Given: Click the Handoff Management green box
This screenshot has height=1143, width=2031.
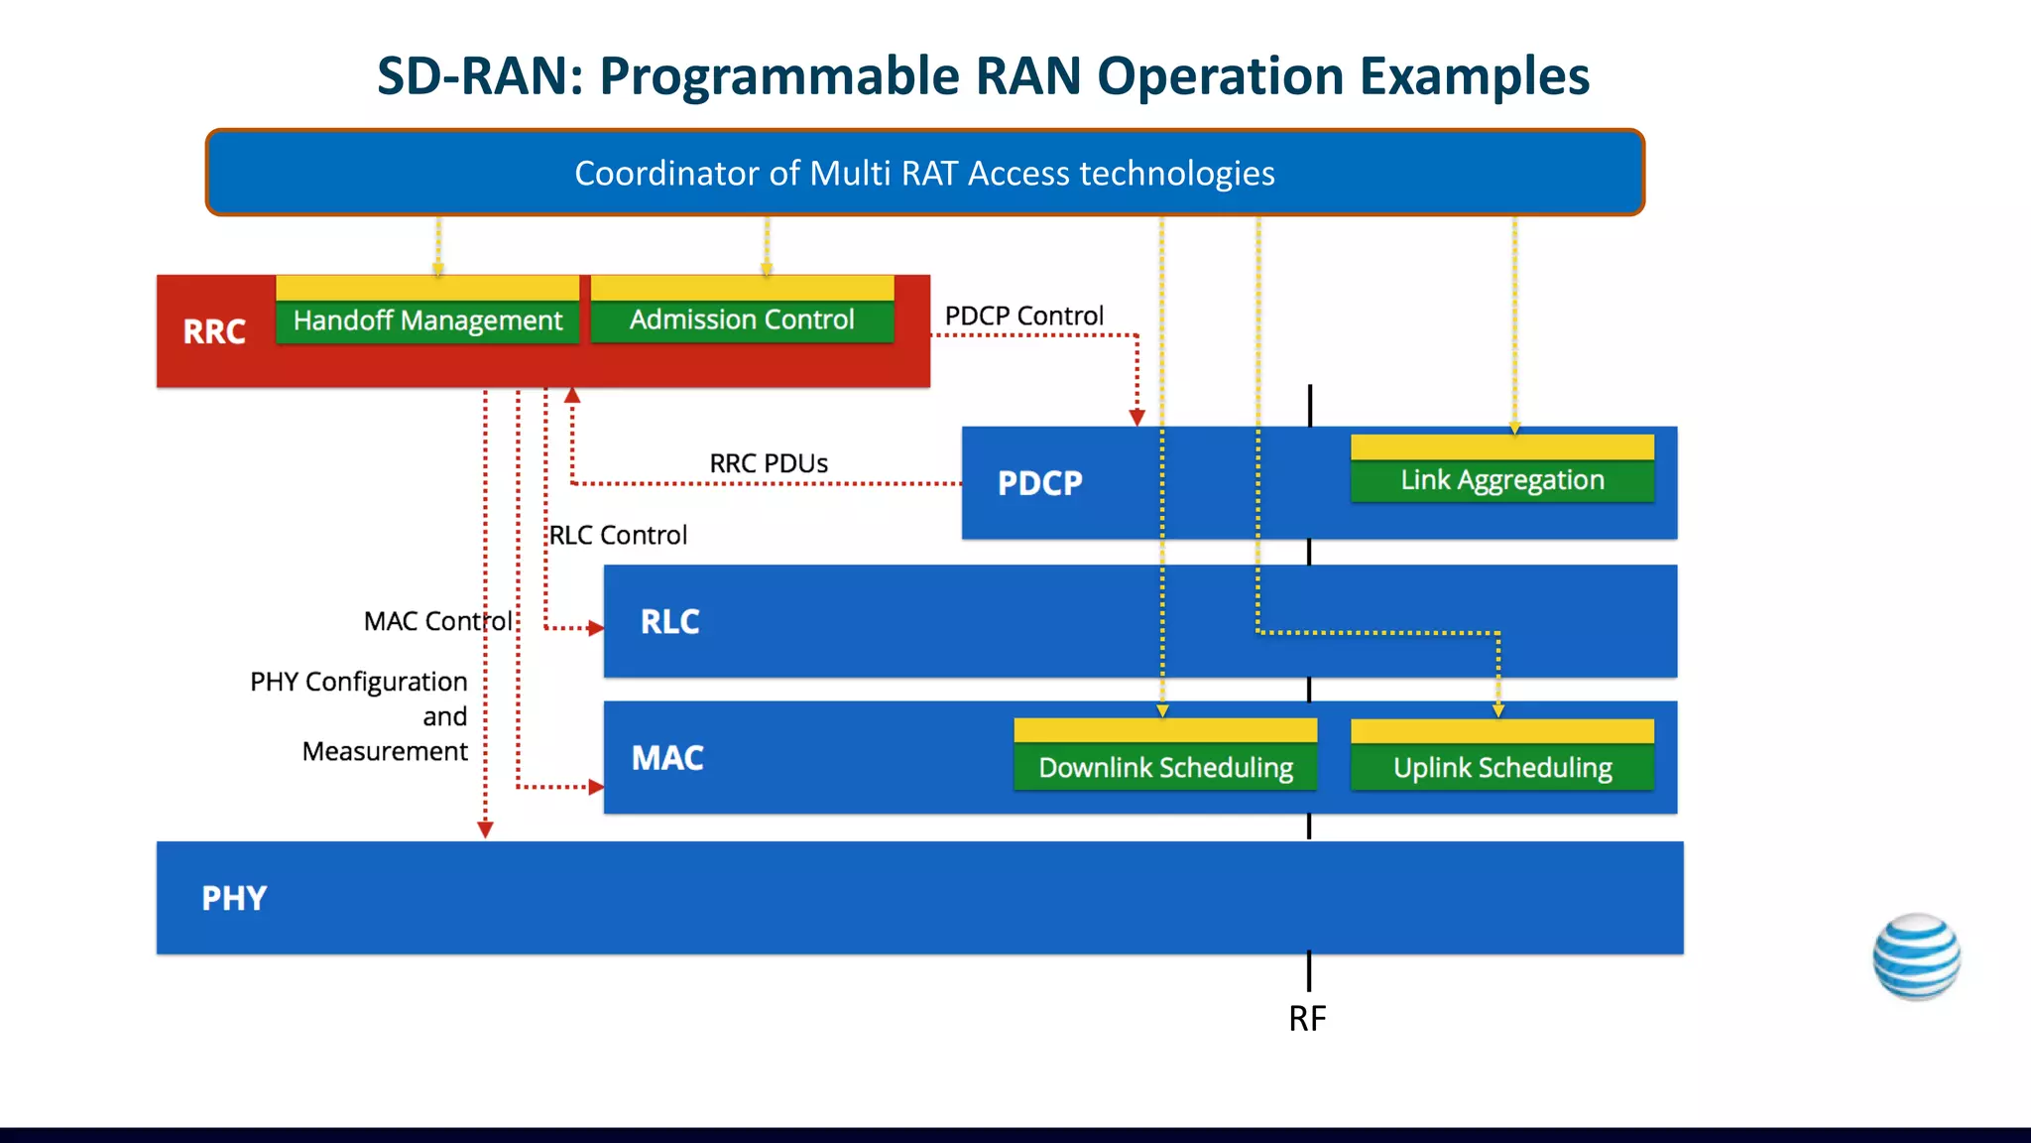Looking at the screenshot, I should point(427,320).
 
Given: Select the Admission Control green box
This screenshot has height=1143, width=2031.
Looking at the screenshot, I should point(742,319).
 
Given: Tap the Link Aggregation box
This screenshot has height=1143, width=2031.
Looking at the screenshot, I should point(1501,480).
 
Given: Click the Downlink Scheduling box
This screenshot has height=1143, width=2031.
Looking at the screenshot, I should point(1165,767).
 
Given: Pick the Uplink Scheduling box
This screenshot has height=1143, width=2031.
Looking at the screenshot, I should point(1501,767).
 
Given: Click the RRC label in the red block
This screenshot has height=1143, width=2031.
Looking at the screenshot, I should point(214,331).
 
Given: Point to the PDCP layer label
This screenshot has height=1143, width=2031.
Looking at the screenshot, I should point(1039,483).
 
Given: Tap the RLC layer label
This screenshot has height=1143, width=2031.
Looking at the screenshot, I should point(669,622).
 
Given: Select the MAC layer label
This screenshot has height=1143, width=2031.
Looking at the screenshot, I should point(667,758).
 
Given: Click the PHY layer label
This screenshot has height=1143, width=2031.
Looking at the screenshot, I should point(234,898).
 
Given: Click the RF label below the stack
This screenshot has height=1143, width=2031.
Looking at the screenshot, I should point(1307,1018).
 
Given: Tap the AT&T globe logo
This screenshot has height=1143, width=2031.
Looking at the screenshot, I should point(1916,956).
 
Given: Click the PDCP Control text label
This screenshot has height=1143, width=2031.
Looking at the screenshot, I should point(1023,316).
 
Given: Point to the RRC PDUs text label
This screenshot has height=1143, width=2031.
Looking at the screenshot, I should point(769,463).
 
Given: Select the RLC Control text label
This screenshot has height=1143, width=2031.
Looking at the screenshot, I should point(618,535).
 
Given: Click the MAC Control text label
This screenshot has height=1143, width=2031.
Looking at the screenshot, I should point(437,621).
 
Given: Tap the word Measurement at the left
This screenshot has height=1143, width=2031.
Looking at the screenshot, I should point(385,751).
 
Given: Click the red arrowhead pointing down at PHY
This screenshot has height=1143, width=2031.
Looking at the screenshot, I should point(485,829).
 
